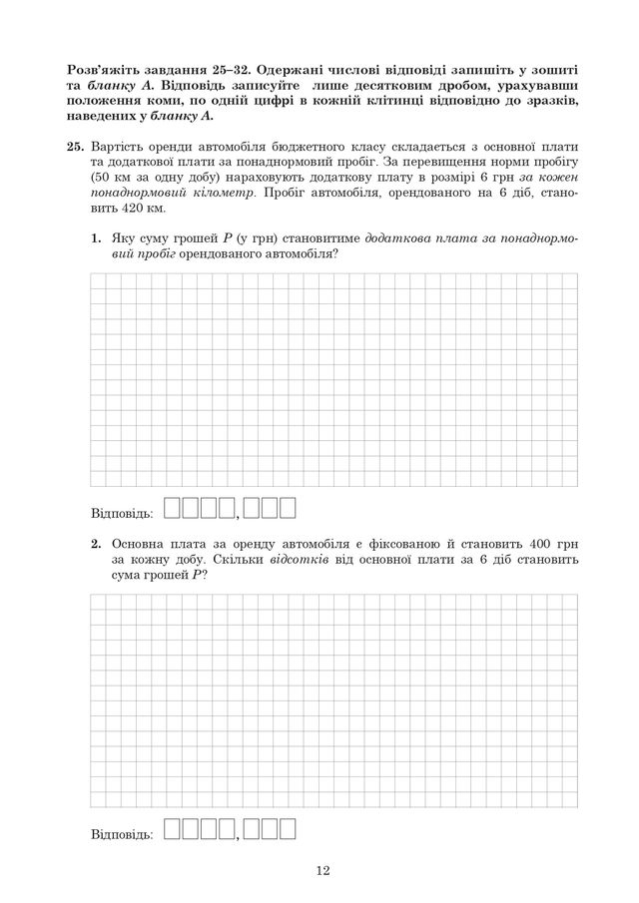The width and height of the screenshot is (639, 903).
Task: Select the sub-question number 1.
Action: pyautogui.click(x=96, y=239)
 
